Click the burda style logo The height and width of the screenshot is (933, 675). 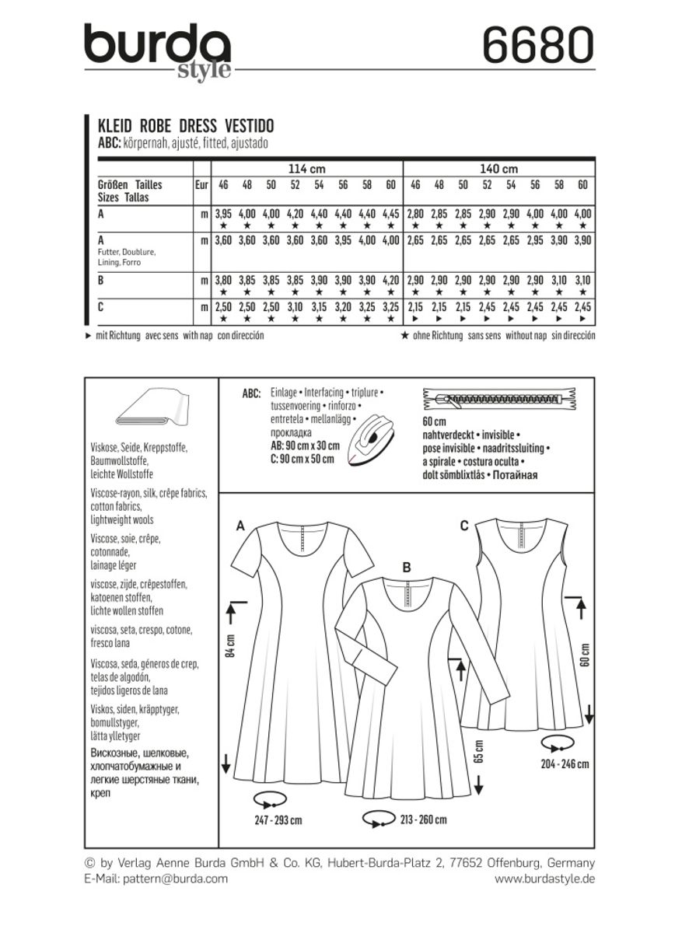(158, 49)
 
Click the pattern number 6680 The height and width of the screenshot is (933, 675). (537, 44)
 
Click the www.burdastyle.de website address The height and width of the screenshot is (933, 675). (544, 878)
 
